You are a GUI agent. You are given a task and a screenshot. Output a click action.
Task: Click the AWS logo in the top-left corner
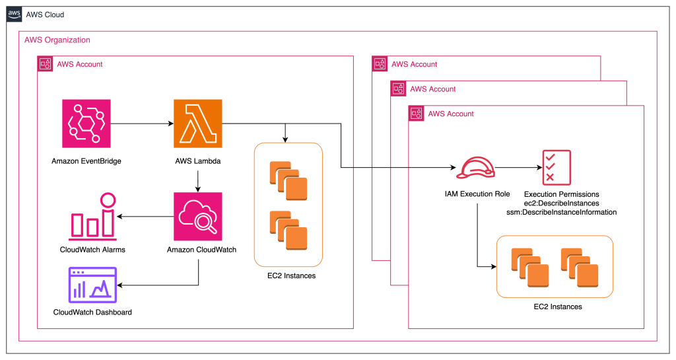(14, 14)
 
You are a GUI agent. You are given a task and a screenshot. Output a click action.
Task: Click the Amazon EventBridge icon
(86, 124)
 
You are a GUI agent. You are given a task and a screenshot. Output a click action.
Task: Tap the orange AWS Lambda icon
(197, 124)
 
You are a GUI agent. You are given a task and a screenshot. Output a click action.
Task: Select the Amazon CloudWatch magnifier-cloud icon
(197, 216)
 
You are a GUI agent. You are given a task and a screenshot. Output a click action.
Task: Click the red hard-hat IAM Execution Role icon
(477, 168)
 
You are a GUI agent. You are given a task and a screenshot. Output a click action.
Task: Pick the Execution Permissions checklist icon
(557, 167)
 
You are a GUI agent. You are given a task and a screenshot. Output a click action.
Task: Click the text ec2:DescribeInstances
(561, 203)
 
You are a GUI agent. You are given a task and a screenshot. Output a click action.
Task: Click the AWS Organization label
(57, 40)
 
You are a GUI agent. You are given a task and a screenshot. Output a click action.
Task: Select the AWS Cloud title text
(45, 15)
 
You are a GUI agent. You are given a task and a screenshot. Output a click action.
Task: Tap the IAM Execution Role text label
(477, 194)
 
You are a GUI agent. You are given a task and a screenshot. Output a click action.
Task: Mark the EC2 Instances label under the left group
(288, 275)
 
